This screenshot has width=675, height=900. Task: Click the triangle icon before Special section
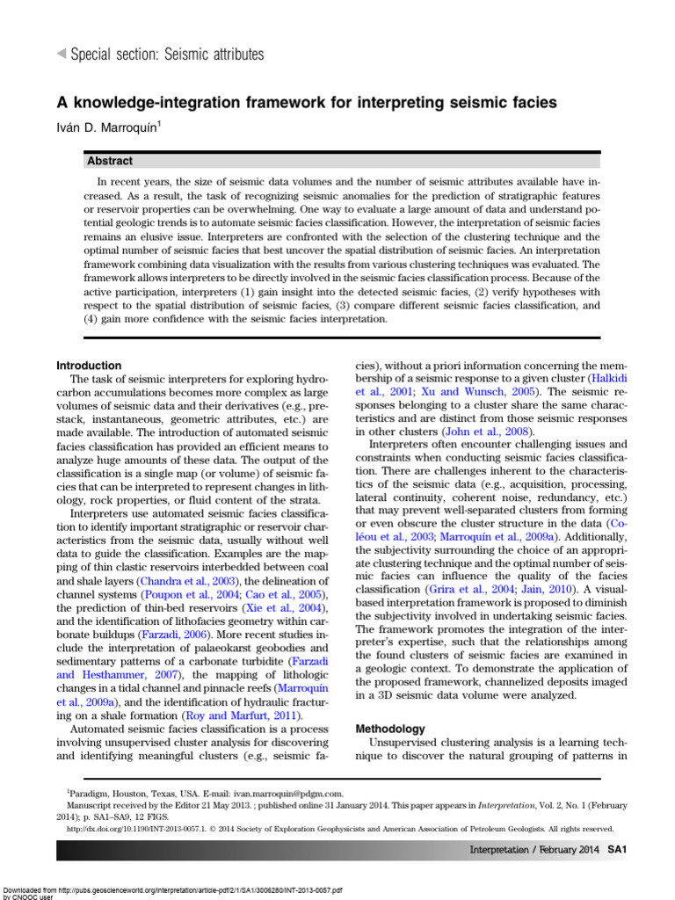click(x=61, y=54)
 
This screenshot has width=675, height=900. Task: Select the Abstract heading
click(x=110, y=161)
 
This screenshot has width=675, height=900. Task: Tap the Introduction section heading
click(x=89, y=366)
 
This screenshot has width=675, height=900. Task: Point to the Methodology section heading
click(x=389, y=729)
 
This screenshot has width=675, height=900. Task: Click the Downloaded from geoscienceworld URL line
click(x=171, y=889)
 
